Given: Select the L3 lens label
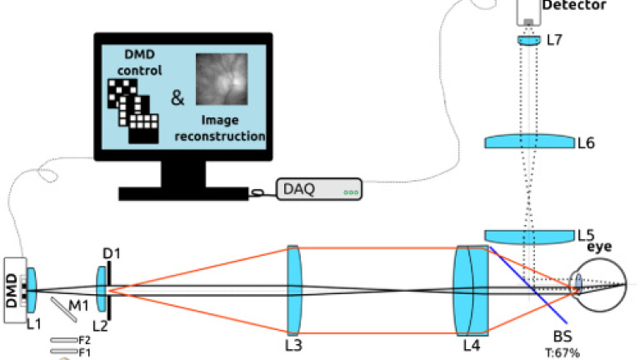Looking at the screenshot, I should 293,343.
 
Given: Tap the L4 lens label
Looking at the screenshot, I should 472,343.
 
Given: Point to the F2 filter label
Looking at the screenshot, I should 84,339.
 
